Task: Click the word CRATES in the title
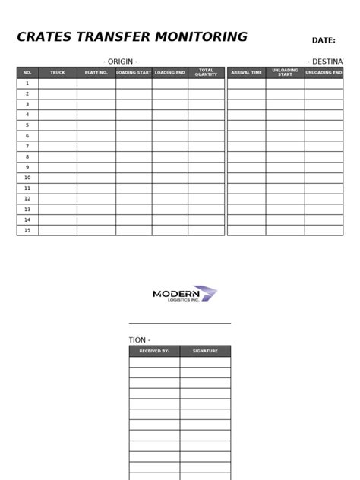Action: [x=44, y=37]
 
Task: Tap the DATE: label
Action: [x=324, y=40]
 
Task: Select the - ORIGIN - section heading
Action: [x=120, y=61]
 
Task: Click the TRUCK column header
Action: [x=58, y=73]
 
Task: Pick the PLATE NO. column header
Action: [x=96, y=73]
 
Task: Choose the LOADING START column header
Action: [x=134, y=73]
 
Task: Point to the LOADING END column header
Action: [x=170, y=73]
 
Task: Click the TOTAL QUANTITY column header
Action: [x=207, y=73]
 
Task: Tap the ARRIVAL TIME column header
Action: [x=246, y=73]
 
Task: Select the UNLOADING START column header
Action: [x=285, y=73]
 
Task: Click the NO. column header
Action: [x=27, y=73]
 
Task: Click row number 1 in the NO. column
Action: [x=27, y=84]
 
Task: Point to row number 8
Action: [x=27, y=156]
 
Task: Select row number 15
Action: [x=27, y=230]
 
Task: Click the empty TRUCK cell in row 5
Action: [x=58, y=125]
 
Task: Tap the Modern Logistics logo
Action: [x=185, y=294]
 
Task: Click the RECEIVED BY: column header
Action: [x=154, y=352]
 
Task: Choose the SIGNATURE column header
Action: [x=205, y=352]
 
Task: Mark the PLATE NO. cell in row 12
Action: [x=96, y=198]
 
